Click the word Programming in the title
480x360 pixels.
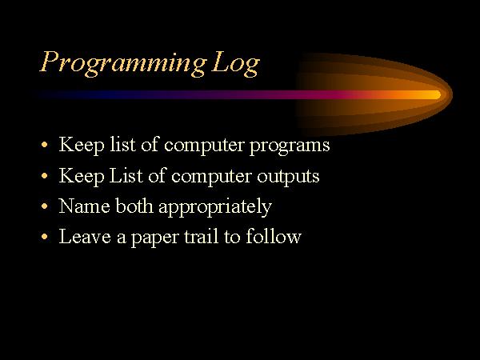coord(123,63)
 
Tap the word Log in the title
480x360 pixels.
coord(236,63)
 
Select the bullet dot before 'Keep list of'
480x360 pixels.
coord(45,144)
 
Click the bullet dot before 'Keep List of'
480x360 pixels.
coord(45,176)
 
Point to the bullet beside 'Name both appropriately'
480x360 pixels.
coord(45,206)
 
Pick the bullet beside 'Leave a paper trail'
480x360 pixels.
coord(45,236)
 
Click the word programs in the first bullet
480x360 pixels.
coord(290,146)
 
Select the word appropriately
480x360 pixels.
coord(215,207)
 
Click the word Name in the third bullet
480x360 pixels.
coord(85,206)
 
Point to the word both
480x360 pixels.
coord(134,206)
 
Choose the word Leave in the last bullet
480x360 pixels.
coord(85,236)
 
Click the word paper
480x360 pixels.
coord(155,238)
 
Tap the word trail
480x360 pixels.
coord(202,236)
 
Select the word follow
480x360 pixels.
coord(274,236)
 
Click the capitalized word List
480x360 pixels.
coord(126,175)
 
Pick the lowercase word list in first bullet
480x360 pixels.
coord(122,144)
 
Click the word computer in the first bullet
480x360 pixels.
coord(204,146)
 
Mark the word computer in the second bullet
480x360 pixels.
coord(211,177)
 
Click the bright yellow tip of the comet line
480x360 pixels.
coord(438,95)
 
